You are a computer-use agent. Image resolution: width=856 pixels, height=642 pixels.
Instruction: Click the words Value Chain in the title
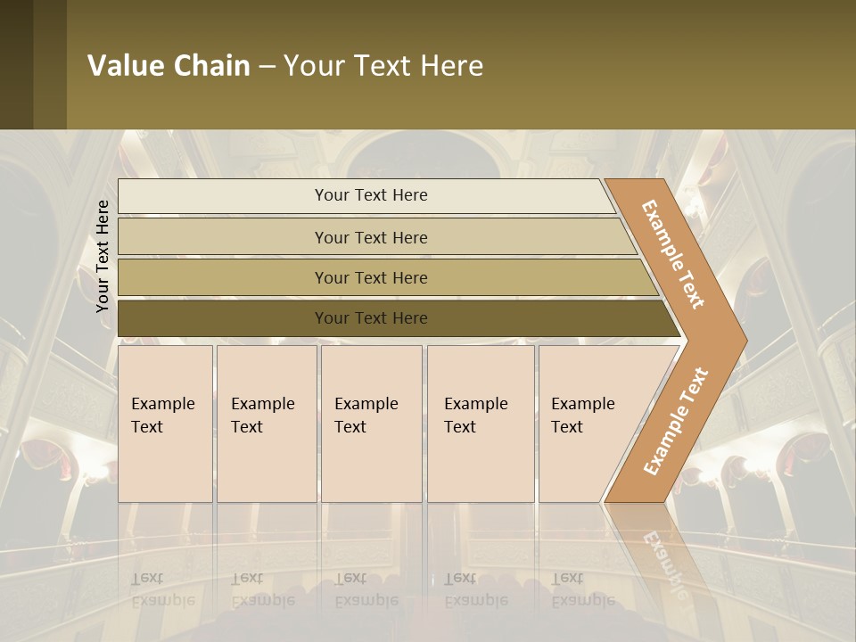click(x=169, y=66)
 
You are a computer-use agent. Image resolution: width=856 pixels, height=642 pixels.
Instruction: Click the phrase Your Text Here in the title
click(x=383, y=66)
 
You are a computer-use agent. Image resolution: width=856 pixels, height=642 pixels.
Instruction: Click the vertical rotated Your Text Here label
click(x=103, y=256)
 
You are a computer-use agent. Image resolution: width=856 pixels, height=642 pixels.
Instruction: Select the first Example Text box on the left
click(x=165, y=424)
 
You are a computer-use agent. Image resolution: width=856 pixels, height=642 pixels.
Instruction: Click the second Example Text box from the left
click(x=266, y=424)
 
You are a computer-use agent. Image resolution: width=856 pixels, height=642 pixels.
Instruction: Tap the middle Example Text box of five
click(x=371, y=424)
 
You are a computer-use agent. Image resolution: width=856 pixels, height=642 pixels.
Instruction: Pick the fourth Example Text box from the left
click(x=481, y=424)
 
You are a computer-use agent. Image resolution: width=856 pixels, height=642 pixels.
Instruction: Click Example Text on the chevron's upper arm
click(x=673, y=253)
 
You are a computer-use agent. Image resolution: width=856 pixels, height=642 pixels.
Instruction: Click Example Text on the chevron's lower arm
click(x=675, y=421)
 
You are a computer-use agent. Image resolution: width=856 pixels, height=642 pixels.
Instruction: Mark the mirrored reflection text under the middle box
click(x=366, y=588)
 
